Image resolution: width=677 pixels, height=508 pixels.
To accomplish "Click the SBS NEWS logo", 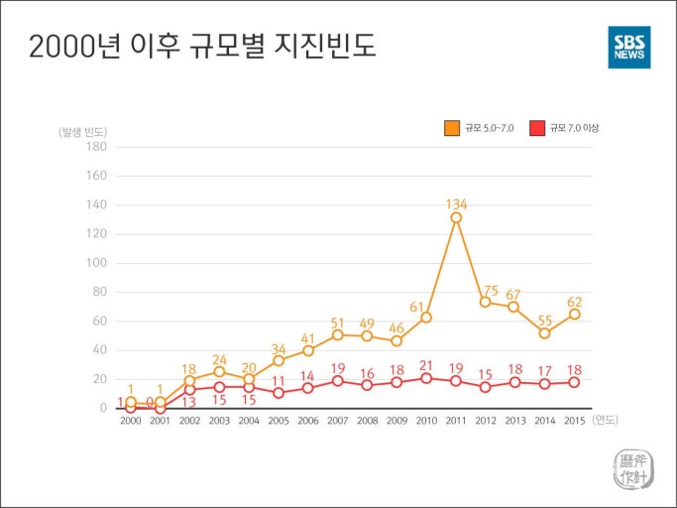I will [629, 47].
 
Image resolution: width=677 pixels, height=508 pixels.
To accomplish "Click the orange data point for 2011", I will [456, 217].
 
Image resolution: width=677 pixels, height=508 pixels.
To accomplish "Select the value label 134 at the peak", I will [456, 203].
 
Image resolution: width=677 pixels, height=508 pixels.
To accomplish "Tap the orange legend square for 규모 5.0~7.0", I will [452, 128].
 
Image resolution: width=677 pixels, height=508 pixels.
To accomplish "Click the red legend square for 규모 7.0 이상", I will [536, 128].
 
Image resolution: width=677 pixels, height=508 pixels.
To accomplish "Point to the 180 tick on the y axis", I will [96, 147].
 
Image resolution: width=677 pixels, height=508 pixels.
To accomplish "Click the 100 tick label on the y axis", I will [96, 263].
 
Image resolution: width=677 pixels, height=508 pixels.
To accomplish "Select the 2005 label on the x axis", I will [279, 421].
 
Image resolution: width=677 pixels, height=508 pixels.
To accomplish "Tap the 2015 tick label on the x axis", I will [574, 421].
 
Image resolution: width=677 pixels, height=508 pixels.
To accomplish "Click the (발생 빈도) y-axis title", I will [82, 130].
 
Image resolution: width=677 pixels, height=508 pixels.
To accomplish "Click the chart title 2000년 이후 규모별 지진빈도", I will [203, 47].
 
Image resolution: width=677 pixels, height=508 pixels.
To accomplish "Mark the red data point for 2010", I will [426, 378].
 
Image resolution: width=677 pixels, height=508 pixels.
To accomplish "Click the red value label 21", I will [426, 365].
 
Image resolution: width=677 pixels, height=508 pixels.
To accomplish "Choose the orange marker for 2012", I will [486, 302].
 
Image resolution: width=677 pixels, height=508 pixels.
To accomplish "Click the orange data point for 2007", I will [338, 335].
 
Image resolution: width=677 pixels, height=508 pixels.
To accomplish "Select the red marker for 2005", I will [279, 393].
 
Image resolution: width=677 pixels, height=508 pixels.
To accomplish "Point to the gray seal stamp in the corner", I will [631, 468].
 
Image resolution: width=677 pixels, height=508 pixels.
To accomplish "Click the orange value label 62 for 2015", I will [574, 302].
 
